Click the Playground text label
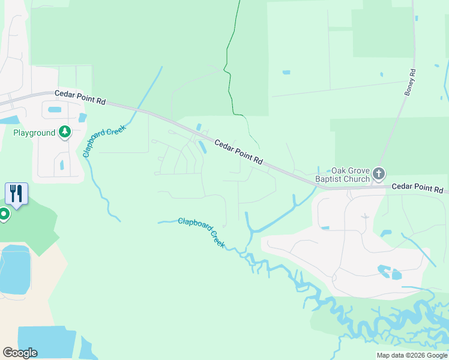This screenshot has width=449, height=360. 34,133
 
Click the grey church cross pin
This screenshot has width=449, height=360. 378,174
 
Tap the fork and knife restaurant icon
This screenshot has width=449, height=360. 16,194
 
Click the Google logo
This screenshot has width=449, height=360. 20,352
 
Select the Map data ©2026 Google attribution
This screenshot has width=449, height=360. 411,355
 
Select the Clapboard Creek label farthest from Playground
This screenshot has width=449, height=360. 201,233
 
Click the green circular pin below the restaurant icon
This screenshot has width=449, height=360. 4,214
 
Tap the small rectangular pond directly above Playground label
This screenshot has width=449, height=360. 55,110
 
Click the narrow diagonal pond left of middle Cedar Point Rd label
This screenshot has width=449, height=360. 202,146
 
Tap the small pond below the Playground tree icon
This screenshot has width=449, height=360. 62,164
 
